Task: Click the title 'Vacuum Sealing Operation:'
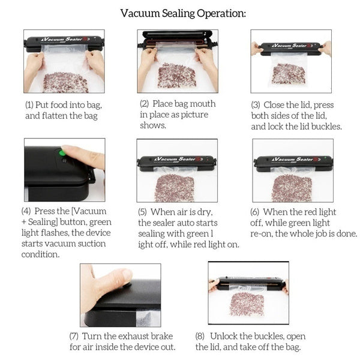182,13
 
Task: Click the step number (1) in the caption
30,104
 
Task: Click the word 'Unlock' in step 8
227,336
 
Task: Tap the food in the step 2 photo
176,76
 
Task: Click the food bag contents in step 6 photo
292,188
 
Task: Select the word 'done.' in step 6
345,233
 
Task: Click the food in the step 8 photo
247,303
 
